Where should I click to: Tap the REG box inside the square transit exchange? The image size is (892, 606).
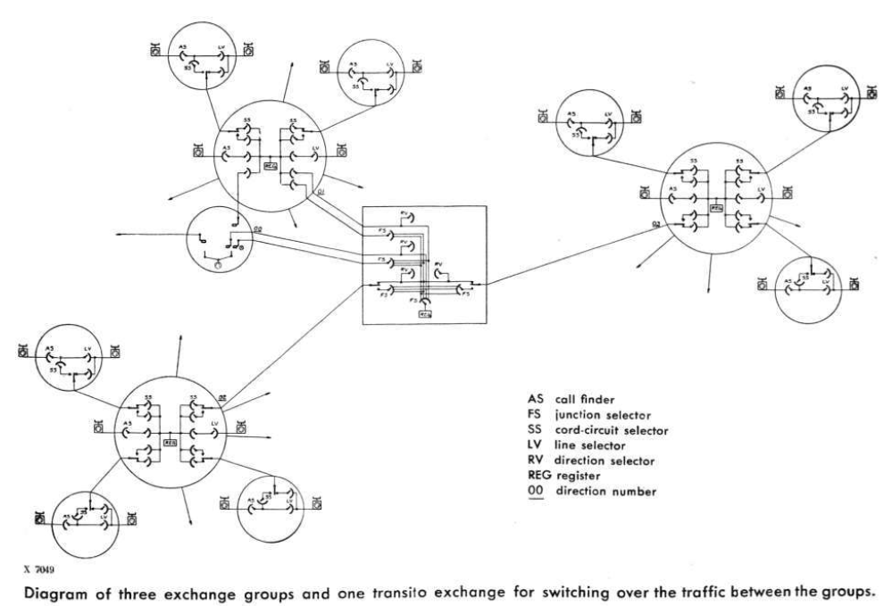point(424,315)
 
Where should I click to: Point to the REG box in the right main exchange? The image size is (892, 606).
point(716,207)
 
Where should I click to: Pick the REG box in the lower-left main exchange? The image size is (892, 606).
point(171,442)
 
